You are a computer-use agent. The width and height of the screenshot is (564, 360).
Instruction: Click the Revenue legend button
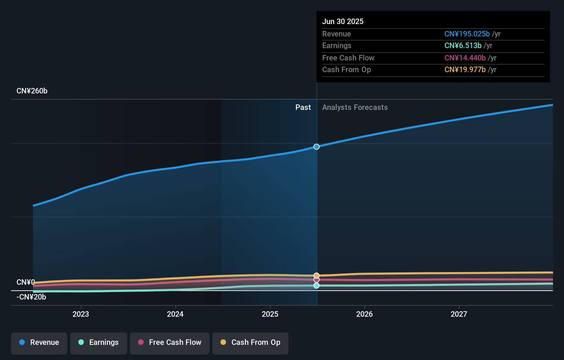click(39, 342)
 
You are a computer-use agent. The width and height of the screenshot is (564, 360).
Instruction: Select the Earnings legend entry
click(99, 342)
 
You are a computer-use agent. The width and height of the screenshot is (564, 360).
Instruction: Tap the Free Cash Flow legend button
click(170, 342)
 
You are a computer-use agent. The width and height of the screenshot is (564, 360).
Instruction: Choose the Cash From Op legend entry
click(250, 342)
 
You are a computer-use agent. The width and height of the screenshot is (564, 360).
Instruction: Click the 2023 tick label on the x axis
click(81, 314)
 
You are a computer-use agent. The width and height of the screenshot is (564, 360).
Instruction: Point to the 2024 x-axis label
click(175, 314)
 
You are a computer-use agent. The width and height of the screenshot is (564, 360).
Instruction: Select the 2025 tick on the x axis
click(270, 314)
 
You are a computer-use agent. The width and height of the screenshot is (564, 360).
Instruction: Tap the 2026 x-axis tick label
click(364, 314)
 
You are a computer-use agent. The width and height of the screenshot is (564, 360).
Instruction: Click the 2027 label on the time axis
click(459, 314)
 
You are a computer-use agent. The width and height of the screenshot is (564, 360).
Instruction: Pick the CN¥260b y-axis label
click(32, 91)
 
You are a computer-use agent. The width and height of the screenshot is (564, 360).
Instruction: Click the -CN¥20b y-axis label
click(31, 297)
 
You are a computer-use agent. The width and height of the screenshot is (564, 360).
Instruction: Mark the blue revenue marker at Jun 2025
click(316, 147)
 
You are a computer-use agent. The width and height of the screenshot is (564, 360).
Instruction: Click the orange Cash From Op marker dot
click(316, 275)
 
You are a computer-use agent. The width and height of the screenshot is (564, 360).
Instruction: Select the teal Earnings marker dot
click(316, 285)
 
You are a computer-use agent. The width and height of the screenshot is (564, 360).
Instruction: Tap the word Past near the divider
click(303, 108)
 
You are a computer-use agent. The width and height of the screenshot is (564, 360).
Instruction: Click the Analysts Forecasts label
click(355, 108)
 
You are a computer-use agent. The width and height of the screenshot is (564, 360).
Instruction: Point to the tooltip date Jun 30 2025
click(342, 21)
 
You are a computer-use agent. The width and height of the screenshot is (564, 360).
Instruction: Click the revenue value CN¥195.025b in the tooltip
click(467, 34)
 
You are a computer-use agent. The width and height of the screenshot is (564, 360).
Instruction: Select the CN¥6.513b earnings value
click(463, 46)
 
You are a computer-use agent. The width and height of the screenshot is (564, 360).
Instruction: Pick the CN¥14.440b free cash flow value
click(465, 58)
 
